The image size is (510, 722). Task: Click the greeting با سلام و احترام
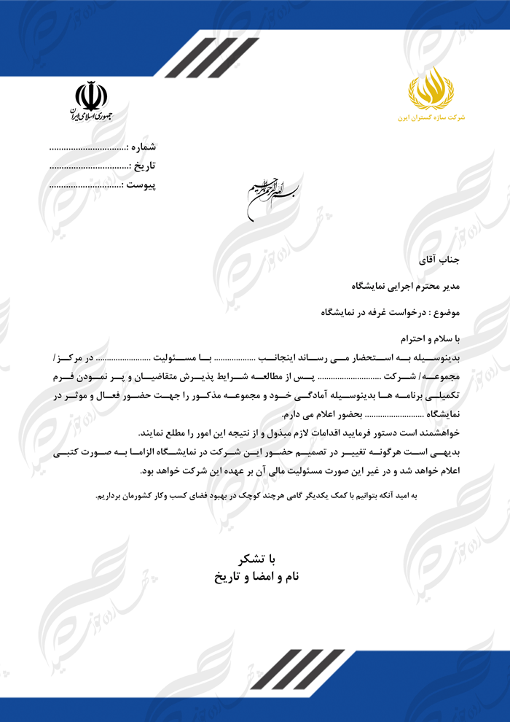431,338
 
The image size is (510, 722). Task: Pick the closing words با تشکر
256,559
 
